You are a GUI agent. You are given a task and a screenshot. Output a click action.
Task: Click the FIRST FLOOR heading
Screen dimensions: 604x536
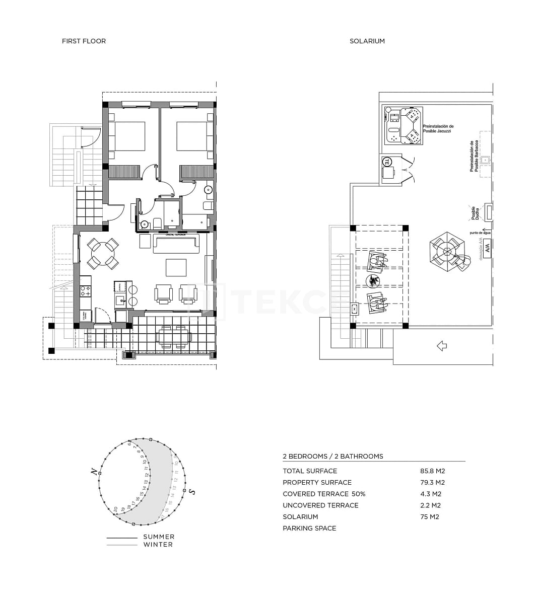84,41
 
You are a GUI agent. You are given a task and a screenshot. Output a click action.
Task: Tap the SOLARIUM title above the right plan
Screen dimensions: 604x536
367,41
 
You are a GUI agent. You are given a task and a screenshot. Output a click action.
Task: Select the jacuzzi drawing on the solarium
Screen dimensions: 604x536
404,125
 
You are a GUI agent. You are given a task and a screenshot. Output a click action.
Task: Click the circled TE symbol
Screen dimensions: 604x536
387,162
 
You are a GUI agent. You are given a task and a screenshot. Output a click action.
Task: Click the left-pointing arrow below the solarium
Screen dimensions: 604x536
442,346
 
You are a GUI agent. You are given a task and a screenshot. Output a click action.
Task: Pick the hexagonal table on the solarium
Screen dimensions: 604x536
446,251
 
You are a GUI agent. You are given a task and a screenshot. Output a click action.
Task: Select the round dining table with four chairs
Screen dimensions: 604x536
103,254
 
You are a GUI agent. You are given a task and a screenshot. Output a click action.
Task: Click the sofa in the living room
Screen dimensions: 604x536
176,244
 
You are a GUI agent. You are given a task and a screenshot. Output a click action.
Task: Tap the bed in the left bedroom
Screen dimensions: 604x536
126,136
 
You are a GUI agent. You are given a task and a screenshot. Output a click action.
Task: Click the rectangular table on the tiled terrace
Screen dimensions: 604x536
174,337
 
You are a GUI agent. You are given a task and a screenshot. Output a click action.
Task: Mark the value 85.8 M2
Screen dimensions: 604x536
432,471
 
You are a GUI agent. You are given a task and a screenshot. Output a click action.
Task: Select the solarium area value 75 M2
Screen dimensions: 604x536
429,517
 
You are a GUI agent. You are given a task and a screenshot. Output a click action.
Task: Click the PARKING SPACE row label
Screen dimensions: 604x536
309,528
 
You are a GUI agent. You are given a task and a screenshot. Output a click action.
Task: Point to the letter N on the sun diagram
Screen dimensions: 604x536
94,472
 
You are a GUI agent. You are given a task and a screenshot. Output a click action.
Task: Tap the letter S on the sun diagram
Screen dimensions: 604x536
192,491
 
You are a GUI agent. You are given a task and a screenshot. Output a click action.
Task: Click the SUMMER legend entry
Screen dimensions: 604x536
158,537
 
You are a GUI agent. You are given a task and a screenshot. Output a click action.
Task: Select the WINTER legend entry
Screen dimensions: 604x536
158,545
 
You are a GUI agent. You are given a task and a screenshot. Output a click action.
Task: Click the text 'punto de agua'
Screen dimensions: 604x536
480,233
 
